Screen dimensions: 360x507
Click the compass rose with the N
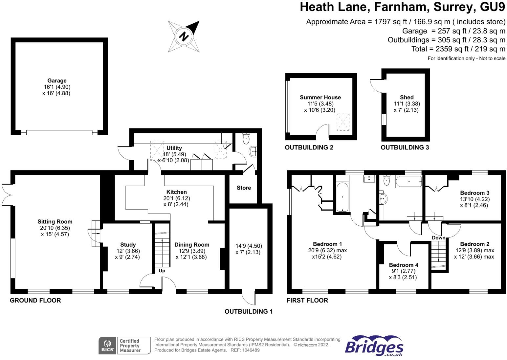(184, 36)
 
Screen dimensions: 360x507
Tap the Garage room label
(57, 80)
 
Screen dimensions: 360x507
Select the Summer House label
(320, 97)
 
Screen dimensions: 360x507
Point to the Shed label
(407, 97)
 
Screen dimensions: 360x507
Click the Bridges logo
(374, 346)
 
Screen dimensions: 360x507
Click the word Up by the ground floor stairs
(162, 271)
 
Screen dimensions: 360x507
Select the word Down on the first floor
(438, 237)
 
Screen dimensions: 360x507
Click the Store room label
(244, 188)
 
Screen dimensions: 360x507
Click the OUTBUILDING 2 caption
(309, 147)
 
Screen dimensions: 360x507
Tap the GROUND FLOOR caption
(35, 300)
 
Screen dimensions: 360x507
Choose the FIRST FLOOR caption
(307, 300)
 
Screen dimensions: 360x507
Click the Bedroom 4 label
(404, 265)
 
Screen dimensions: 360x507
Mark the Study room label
(128, 245)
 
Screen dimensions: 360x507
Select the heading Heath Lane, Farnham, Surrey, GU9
(402, 7)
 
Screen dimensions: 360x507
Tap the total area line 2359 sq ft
(458, 49)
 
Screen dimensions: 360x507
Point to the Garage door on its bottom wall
(59, 133)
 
